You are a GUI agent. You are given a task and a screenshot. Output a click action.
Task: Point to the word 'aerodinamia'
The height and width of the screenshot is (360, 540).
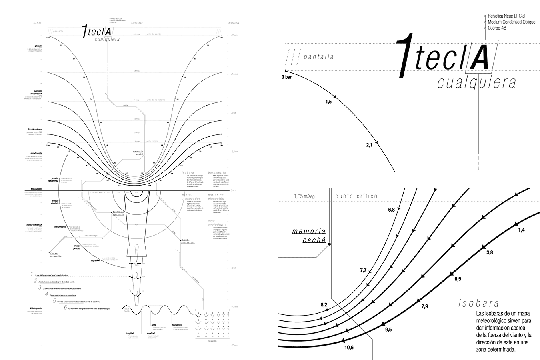pos(34,153)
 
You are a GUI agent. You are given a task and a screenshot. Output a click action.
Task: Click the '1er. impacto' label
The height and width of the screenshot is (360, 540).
pos(36,188)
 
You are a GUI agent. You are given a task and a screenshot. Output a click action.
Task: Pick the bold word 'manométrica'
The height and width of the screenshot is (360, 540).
pos(61,227)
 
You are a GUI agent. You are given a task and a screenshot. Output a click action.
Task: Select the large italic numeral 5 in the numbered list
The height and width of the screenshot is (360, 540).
pos(54,301)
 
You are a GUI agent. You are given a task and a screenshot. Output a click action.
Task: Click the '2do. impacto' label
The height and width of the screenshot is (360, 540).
pos(36,308)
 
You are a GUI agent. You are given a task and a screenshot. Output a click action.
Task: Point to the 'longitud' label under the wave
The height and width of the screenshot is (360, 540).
pos(130,333)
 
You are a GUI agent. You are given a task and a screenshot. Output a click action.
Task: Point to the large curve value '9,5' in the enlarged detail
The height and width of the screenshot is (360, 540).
pos(388,329)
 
